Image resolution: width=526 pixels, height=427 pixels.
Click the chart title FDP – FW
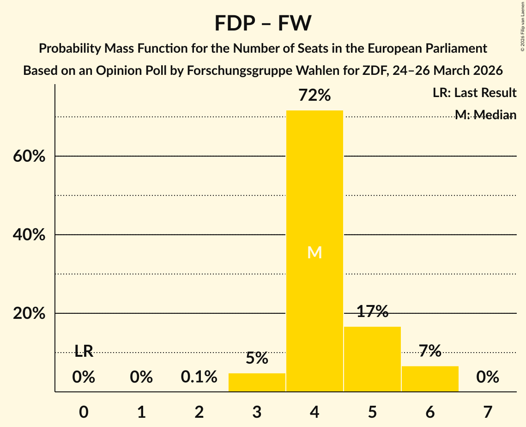click(263, 23)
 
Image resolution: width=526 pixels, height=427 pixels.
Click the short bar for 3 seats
click(257, 383)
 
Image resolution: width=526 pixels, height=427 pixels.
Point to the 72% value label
click(314, 96)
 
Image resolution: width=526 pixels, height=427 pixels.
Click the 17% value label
click(372, 311)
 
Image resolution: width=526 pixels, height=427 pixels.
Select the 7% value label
click(430, 351)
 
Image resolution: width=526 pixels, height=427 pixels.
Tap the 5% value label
click(257, 358)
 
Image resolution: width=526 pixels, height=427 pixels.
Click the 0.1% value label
click(199, 377)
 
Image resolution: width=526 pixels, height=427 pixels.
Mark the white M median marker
click(314, 252)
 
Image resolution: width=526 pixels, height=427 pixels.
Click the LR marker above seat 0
click(84, 352)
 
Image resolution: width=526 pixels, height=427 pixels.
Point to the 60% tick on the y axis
click(29, 157)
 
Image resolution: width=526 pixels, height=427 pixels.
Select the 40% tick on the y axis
click(29, 235)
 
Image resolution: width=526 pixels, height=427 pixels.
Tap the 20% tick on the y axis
click(29, 314)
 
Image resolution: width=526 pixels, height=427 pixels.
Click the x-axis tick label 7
click(488, 412)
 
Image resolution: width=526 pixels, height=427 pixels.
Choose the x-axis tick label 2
click(199, 412)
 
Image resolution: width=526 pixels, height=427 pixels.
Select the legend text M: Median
click(485, 115)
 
